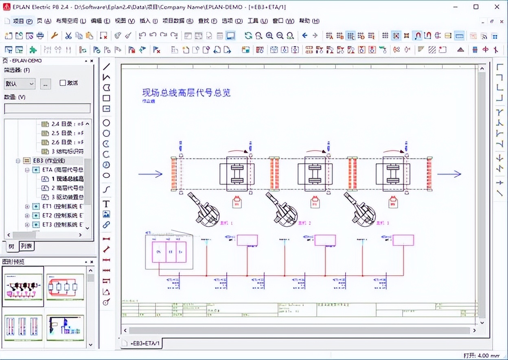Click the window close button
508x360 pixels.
click(497, 7)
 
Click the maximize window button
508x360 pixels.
click(476, 7)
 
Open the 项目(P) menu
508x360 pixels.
click(19, 21)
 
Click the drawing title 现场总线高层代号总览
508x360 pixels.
click(186, 92)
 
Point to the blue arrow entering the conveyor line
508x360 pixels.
click(150, 174)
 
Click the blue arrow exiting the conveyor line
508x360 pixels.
click(449, 174)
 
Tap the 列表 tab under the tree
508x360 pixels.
click(27, 246)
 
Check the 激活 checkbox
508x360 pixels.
click(63, 83)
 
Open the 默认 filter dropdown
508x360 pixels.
click(20, 84)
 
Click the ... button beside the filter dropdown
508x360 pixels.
click(46, 84)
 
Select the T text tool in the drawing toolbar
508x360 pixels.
click(106, 204)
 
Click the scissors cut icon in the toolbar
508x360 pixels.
click(68, 36)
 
